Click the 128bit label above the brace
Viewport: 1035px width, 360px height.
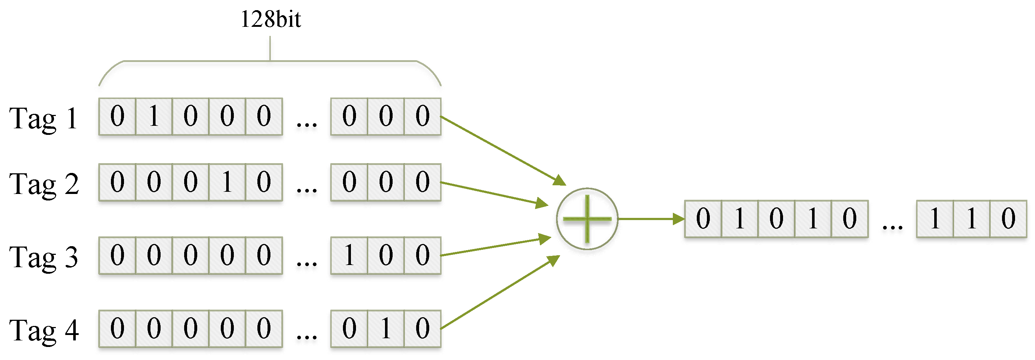click(270, 19)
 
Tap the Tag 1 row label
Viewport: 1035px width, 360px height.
click(44, 119)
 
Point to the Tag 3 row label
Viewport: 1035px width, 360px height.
click(44, 257)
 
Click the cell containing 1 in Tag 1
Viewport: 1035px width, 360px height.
click(154, 116)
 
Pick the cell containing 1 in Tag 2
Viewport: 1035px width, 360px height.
click(227, 182)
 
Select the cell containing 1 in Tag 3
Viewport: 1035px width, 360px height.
click(349, 256)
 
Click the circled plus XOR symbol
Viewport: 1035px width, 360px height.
click(587, 219)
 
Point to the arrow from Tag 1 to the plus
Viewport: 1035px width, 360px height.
click(502, 151)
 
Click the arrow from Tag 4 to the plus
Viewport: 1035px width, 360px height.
click(500, 293)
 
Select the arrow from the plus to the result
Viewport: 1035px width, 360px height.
click(651, 219)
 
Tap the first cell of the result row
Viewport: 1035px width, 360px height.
click(703, 219)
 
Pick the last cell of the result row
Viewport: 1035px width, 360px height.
click(1008, 219)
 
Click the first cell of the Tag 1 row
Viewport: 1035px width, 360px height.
click(117, 116)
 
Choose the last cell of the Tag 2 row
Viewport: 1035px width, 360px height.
click(422, 182)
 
